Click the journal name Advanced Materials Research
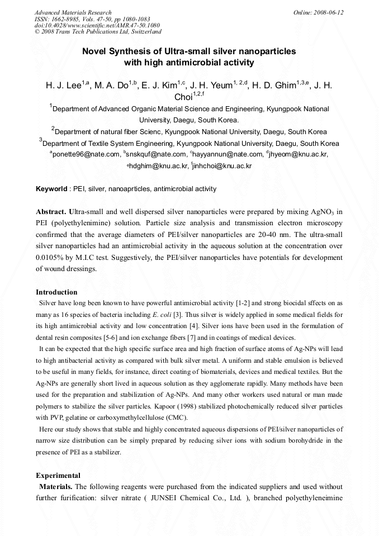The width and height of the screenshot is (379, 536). [73, 12]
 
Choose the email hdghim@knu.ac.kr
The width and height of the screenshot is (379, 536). [159, 166]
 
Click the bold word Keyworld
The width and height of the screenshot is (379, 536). [52, 189]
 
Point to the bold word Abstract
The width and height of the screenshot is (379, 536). [51, 212]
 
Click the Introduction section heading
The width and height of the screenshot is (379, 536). [56, 292]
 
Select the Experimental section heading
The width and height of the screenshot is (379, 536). [58, 475]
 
